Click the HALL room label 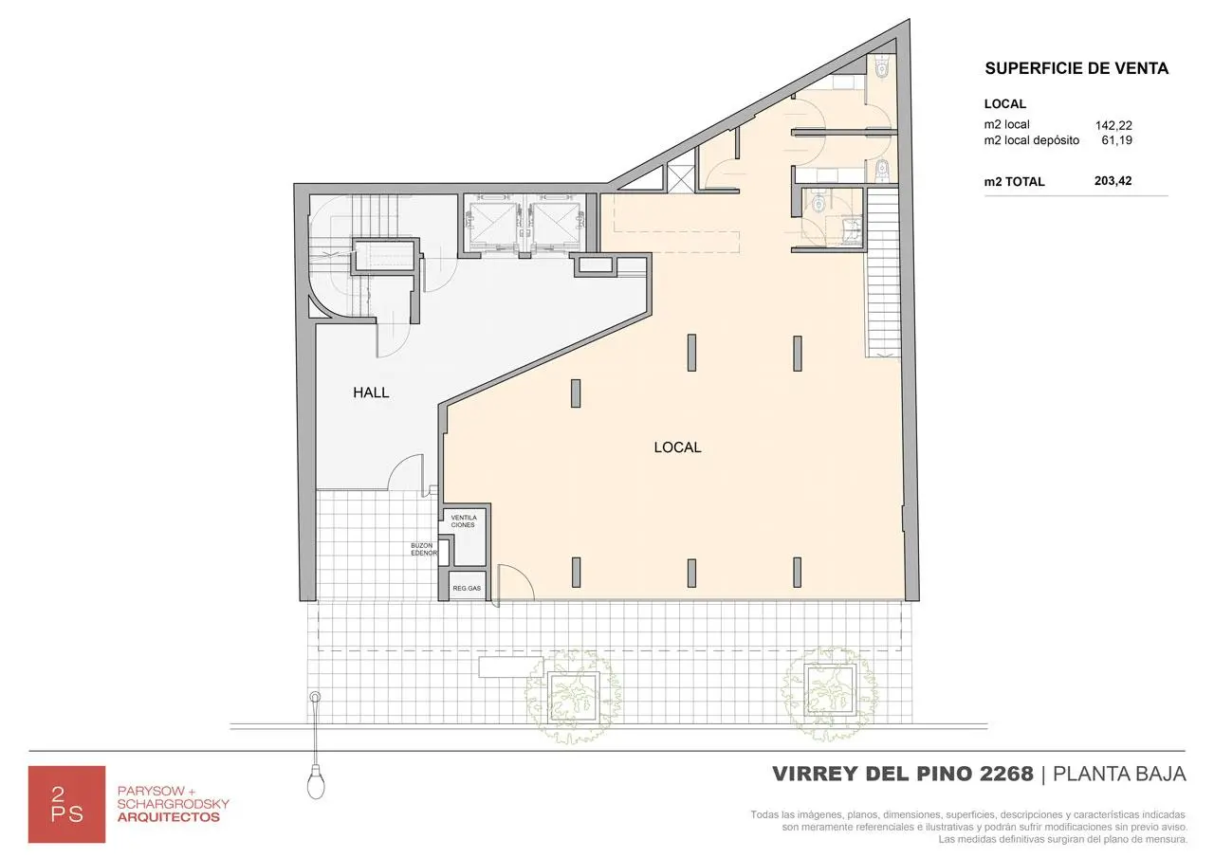pyautogui.click(x=371, y=392)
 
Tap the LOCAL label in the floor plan pyautogui.click(x=677, y=447)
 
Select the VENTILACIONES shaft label pyautogui.click(x=464, y=521)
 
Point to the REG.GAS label pyautogui.click(x=467, y=588)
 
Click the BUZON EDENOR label pyautogui.click(x=423, y=549)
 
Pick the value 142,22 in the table pyautogui.click(x=1113, y=126)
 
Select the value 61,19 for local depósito pyautogui.click(x=1116, y=140)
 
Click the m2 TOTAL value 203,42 pyautogui.click(x=1113, y=181)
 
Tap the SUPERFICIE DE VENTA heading pyautogui.click(x=1076, y=68)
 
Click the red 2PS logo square pyautogui.click(x=66, y=804)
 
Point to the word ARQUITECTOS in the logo pyautogui.click(x=169, y=817)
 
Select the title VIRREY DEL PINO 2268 pyautogui.click(x=903, y=774)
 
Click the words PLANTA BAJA pyautogui.click(x=1119, y=774)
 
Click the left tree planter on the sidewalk pyautogui.click(x=574, y=697)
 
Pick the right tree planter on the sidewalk pyautogui.click(x=829, y=689)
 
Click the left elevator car pyautogui.click(x=492, y=225)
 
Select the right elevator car pyautogui.click(x=556, y=225)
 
